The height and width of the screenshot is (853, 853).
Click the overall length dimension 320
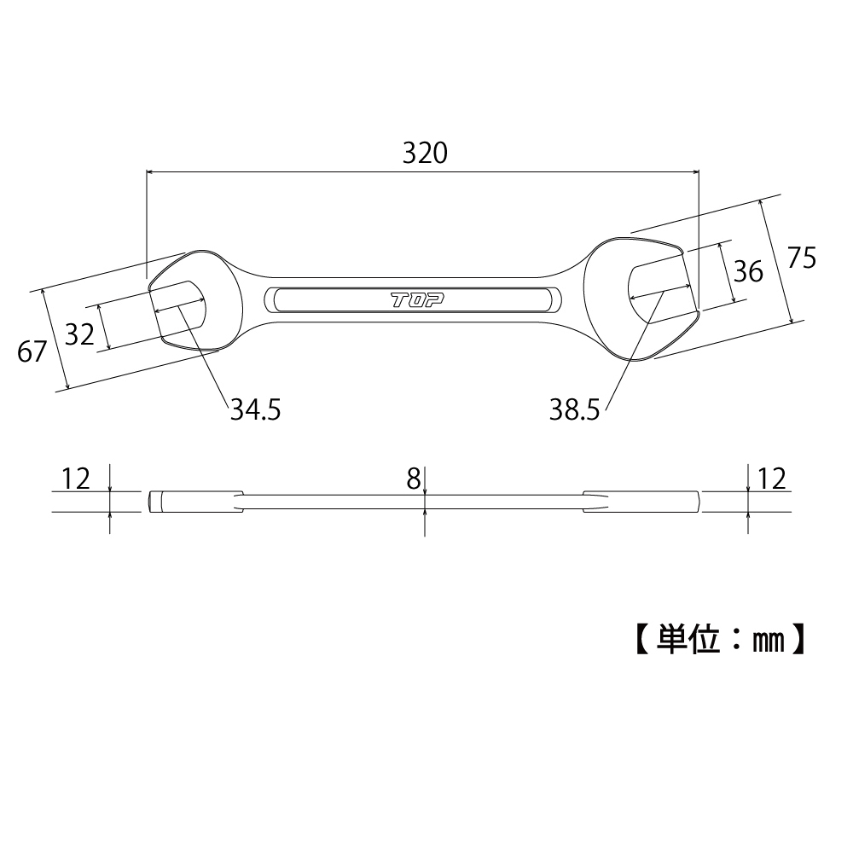pyautogui.click(x=424, y=153)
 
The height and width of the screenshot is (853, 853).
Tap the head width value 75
pyautogui.click(x=801, y=258)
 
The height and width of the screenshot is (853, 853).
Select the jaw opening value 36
pyautogui.click(x=748, y=271)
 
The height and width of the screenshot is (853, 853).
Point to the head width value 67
pyautogui.click(x=32, y=351)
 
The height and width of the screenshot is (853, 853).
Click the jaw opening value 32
pyautogui.click(x=79, y=334)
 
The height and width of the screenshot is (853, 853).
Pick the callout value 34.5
pyautogui.click(x=255, y=410)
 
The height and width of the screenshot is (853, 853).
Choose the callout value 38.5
pyautogui.click(x=576, y=412)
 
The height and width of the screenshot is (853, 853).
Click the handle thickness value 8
pyautogui.click(x=414, y=479)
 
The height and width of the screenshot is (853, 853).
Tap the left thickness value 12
pyautogui.click(x=76, y=479)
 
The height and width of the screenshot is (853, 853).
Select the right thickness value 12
pyautogui.click(x=770, y=479)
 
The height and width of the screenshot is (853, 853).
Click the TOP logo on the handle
pyautogui.click(x=412, y=300)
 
